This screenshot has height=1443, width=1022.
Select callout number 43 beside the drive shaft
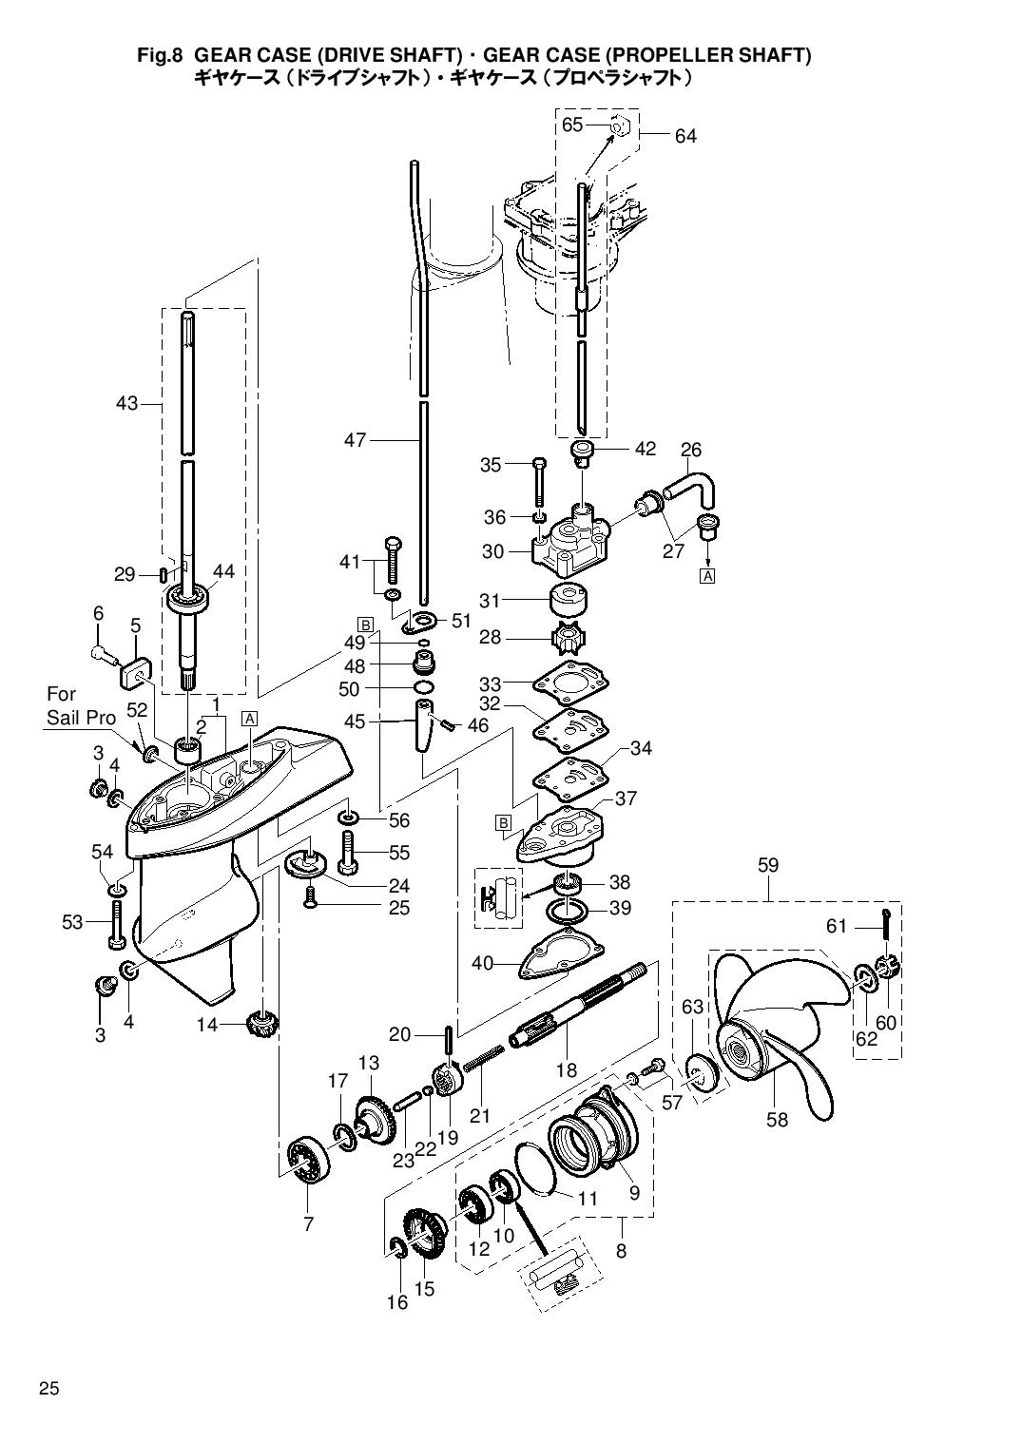tap(127, 403)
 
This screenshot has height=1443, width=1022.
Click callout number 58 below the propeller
tap(777, 1120)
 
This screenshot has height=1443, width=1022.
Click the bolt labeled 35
tap(540, 482)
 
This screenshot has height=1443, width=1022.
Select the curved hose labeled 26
tap(690, 487)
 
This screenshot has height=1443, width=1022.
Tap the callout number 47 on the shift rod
tap(355, 440)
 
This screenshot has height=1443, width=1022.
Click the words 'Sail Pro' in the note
tap(81, 719)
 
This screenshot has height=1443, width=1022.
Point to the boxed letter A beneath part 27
tap(708, 576)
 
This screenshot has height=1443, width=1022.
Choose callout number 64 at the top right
tap(685, 136)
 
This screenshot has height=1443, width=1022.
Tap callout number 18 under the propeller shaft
tap(567, 1070)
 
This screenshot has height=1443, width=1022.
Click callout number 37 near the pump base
tap(626, 798)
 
